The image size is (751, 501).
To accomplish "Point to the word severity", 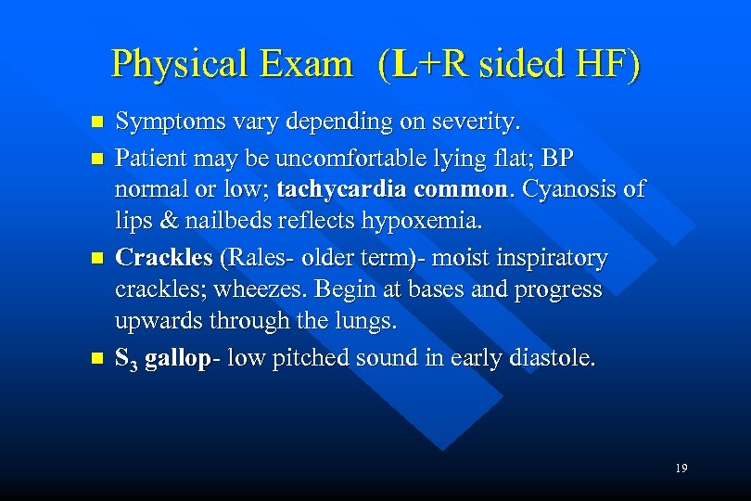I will pos(479,122).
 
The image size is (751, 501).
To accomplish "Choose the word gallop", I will pos(177,357).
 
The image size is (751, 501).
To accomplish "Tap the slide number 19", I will pos(681,469).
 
